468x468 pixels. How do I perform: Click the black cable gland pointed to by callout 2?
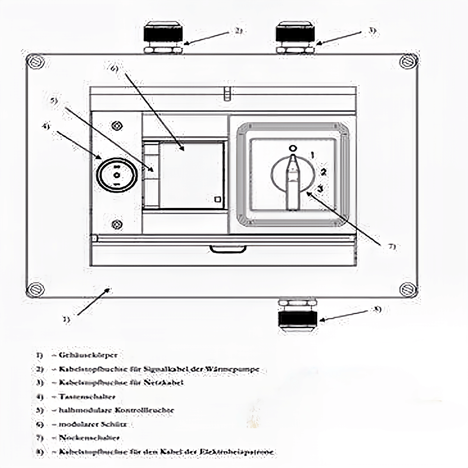pos(163,35)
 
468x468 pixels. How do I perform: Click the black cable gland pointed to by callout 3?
pos(295,35)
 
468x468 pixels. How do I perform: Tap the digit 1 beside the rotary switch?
pos(312,155)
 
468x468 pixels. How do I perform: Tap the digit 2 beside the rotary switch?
pos(323,172)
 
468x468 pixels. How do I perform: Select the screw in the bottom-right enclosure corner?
pos(408,289)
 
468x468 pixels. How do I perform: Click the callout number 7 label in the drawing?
pos(392,247)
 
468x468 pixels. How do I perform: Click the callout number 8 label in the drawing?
pos(377,310)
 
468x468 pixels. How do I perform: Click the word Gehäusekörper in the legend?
pos(87,355)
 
